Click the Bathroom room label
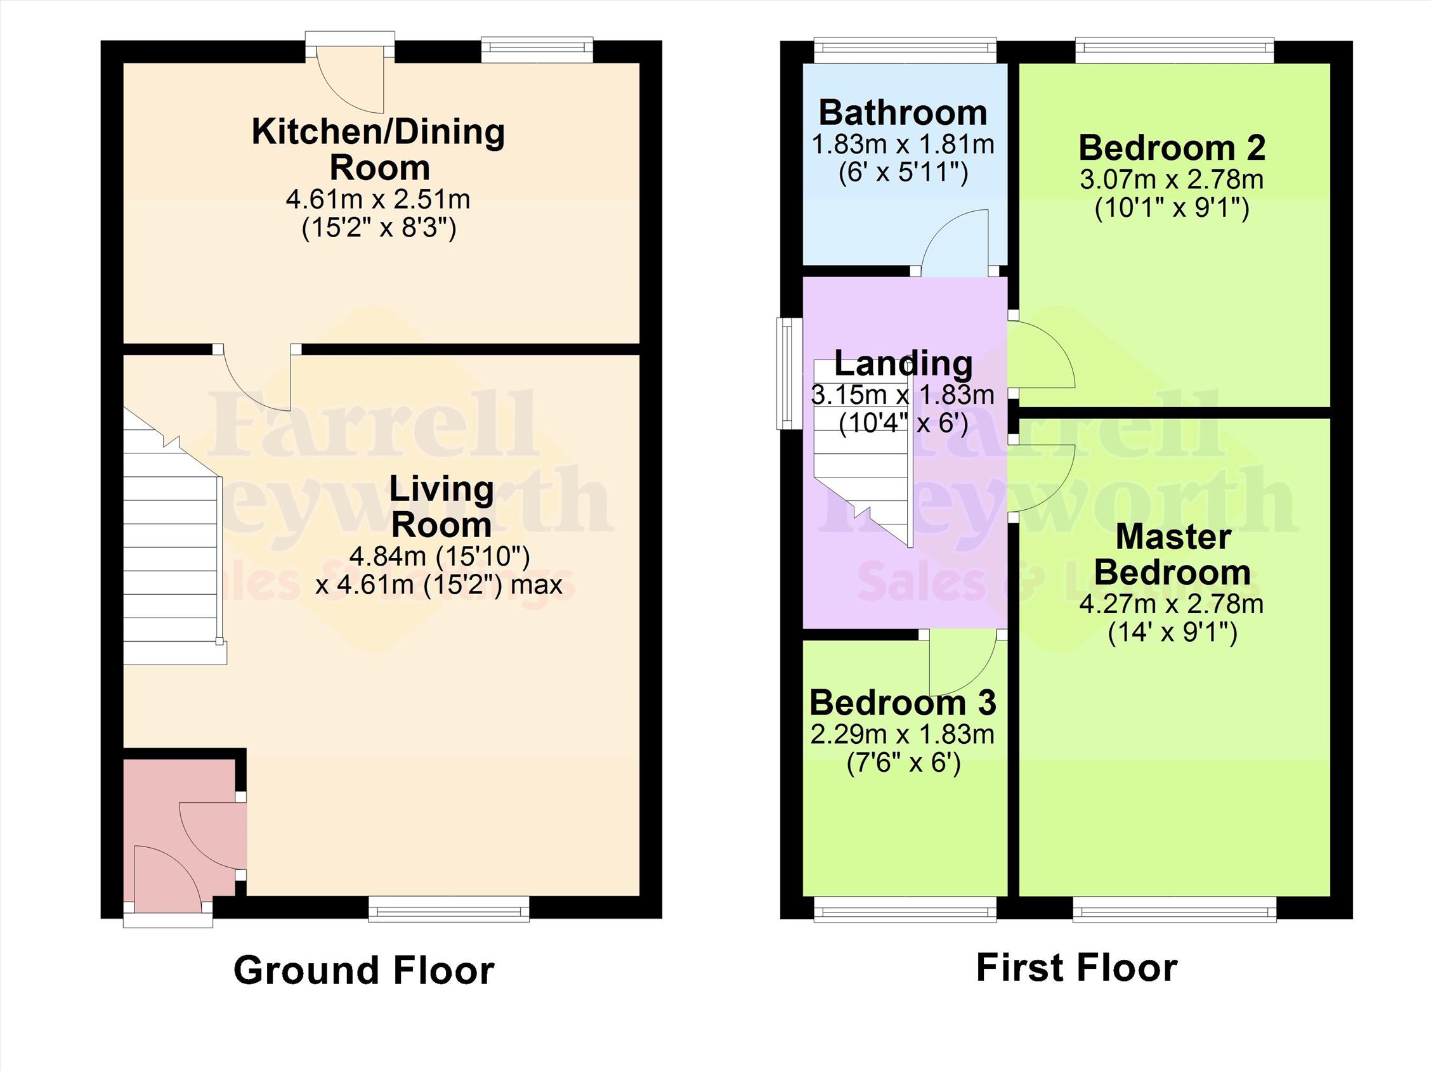tap(903, 113)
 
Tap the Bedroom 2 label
tap(1172, 148)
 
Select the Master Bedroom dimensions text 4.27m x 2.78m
tap(1172, 604)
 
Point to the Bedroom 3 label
tap(903, 703)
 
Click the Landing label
tap(903, 363)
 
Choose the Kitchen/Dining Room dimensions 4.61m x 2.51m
tap(378, 199)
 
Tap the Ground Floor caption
tap(363, 971)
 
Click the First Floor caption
tap(1076, 968)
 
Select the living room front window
tap(449, 908)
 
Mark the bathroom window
tap(905, 51)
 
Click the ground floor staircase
tap(171, 556)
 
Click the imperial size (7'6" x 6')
tap(903, 763)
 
